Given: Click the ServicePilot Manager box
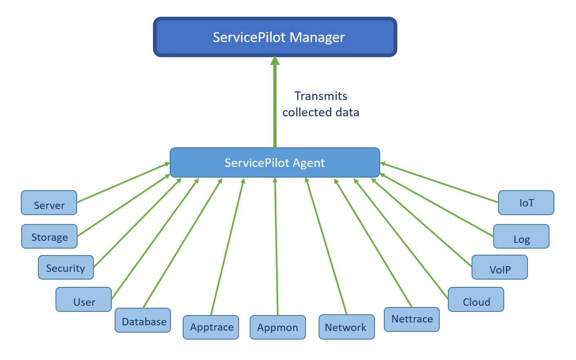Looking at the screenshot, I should click(275, 37).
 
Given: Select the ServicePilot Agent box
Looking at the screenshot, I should click(275, 162).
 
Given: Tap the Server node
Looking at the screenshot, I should click(49, 203).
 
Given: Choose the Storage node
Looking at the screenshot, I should click(49, 236).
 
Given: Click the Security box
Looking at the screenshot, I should click(66, 268).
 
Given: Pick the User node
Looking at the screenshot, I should click(84, 300).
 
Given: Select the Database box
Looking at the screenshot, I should click(143, 320).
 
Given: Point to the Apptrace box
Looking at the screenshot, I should click(211, 327).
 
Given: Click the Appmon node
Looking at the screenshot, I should click(277, 327).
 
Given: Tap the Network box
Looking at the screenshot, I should click(346, 327).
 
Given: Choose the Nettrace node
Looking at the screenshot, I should click(412, 319).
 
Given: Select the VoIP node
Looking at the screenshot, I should click(500, 268).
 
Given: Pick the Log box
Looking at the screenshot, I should click(521, 237).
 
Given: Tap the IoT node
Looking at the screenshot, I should click(526, 203).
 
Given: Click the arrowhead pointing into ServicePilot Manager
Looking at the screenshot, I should click(275, 61).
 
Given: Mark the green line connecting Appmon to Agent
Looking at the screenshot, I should click(277, 245).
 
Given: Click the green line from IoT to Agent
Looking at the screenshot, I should click(441, 182).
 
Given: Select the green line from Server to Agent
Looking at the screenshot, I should click(122, 182).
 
